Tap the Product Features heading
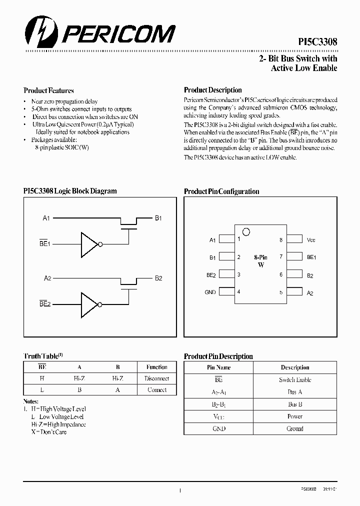48,90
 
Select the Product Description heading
212,90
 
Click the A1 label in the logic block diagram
46,218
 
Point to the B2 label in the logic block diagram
158,278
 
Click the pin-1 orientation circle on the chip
245,231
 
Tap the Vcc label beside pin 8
311,240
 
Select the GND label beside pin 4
210,292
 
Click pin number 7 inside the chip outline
281,257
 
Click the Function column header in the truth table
157,367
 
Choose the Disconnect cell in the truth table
157,378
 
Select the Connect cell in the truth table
157,390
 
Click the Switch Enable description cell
295,380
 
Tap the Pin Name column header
219,367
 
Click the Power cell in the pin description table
295,416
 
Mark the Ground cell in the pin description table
295,428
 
